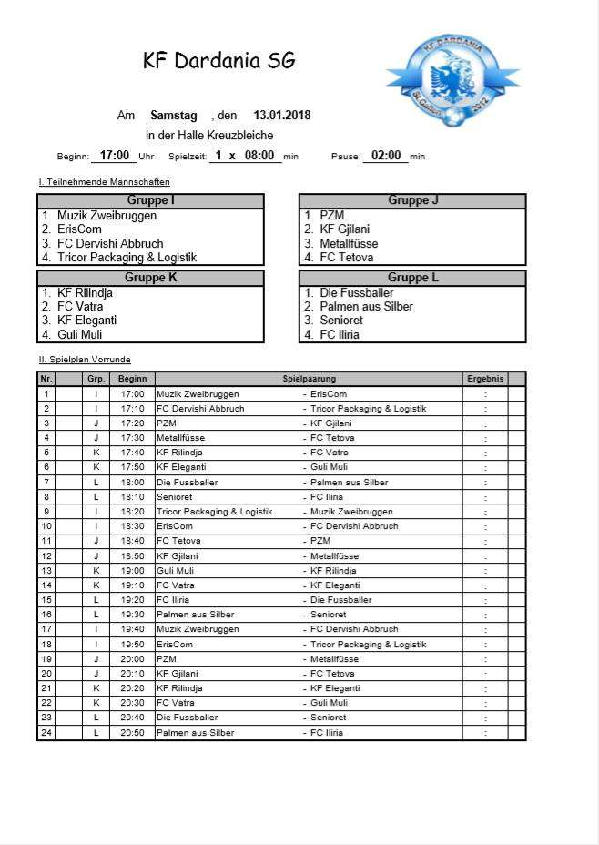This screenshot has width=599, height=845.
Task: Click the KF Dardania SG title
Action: coord(218,61)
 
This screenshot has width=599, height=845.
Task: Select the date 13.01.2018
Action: coord(282,116)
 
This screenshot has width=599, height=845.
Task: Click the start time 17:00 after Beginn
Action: coord(115,156)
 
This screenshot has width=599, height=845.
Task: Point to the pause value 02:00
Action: coord(386,156)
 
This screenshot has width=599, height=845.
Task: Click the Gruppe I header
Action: coord(150,200)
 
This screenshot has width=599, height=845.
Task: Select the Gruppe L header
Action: coord(412,278)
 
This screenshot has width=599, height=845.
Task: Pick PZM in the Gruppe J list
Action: coord(331,216)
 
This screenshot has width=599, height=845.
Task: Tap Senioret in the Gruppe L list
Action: coord(340,321)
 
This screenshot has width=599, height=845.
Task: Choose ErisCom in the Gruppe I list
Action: coord(78,229)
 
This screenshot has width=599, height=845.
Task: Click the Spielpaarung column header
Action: coord(310,379)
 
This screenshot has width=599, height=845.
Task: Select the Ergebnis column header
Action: coord(485,379)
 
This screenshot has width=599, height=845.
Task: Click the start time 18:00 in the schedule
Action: coord(132,483)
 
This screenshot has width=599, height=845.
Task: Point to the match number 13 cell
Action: coord(46,571)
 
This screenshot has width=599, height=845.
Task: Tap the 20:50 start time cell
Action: coord(132,733)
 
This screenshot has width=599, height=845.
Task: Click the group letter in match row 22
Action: coord(96,703)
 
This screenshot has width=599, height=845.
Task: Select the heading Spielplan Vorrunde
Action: coord(85,360)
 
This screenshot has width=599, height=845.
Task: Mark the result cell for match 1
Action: coord(485,394)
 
